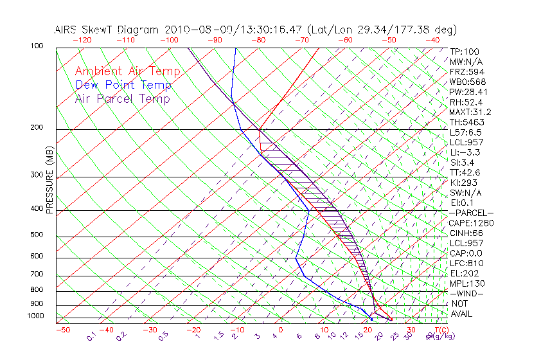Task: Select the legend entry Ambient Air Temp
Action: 127,71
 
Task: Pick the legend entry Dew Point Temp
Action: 123,85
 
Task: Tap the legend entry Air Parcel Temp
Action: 122,98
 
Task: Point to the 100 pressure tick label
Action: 37,46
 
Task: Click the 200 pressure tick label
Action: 37,128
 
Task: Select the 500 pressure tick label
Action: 37,235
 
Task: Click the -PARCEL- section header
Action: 471,213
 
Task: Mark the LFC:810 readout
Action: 467,263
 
